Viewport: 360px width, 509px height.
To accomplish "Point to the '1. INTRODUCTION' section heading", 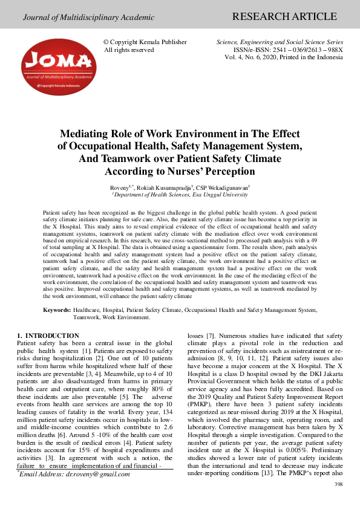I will click(x=48, y=336).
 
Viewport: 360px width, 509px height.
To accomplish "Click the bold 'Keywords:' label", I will click(x=57, y=310).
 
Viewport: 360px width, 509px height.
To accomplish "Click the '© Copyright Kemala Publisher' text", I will click(x=145, y=42).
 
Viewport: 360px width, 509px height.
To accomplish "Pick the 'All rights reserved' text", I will click(x=129, y=50).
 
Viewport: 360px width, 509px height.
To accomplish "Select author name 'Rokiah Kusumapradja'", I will click(x=167, y=188).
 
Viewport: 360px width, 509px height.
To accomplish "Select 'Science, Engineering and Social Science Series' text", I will click(x=280, y=42).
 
